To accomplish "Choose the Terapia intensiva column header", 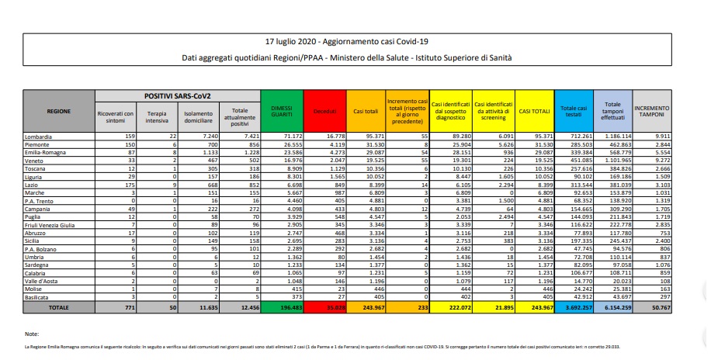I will [x=158, y=116].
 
